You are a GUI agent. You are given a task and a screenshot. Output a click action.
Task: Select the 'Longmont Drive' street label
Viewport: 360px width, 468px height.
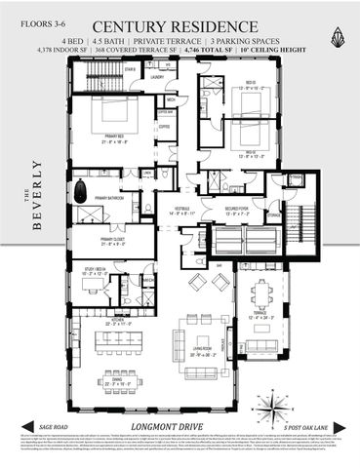point(180,425)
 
